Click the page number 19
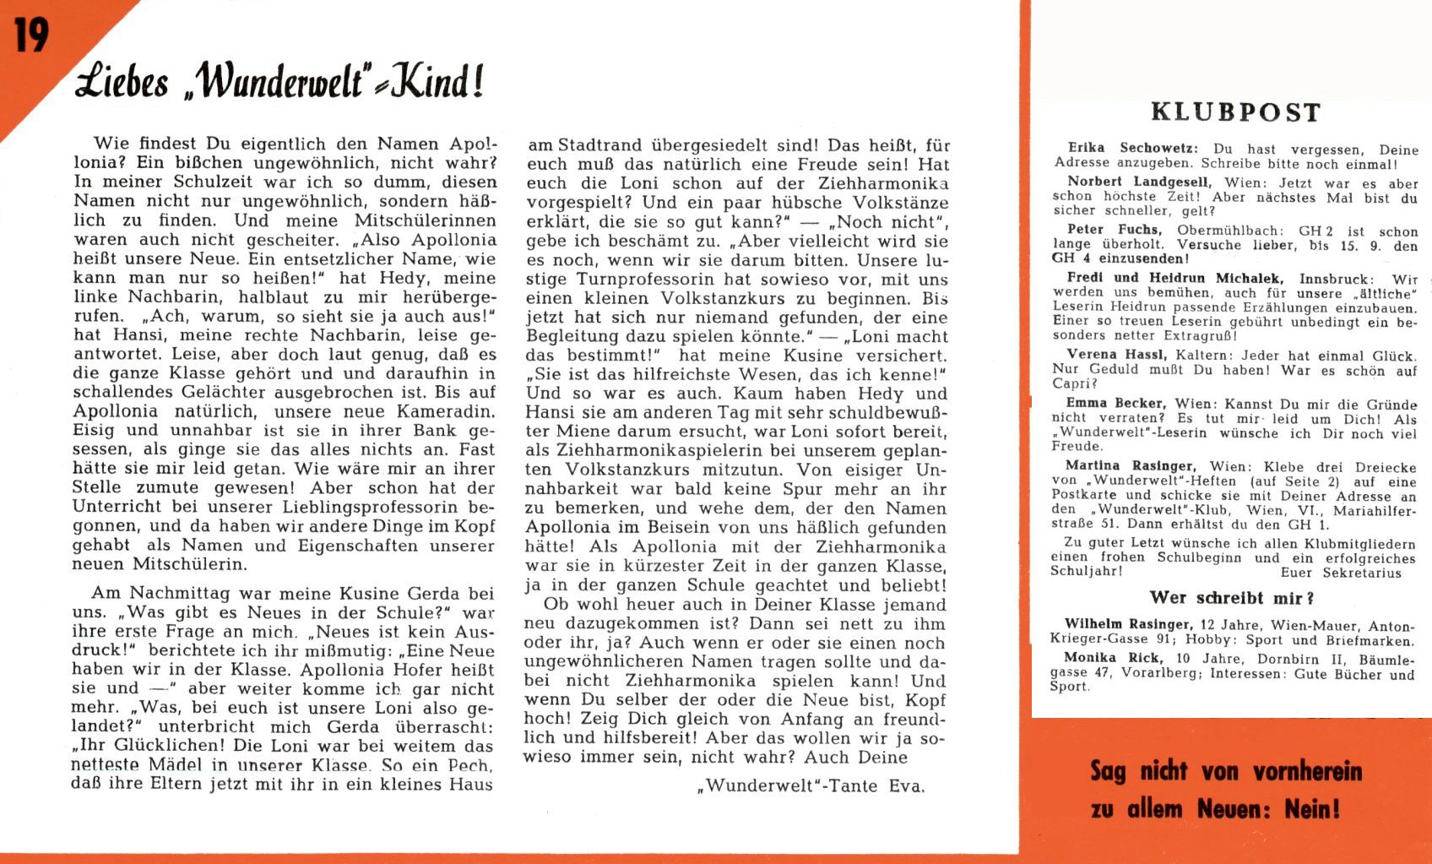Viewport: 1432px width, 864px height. pyautogui.click(x=31, y=35)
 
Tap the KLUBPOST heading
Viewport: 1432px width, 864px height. pyautogui.click(x=1235, y=112)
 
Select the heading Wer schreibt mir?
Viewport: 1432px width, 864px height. pyautogui.click(x=1232, y=598)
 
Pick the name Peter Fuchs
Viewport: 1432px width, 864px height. pyautogui.click(x=1115, y=230)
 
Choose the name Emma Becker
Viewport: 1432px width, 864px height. pyautogui.click(x=1115, y=404)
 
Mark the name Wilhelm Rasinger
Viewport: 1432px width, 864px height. pyautogui.click(x=1128, y=625)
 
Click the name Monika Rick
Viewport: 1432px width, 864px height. pyautogui.click(x=1113, y=658)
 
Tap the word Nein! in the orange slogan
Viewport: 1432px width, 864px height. pyautogui.click(x=1313, y=809)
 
